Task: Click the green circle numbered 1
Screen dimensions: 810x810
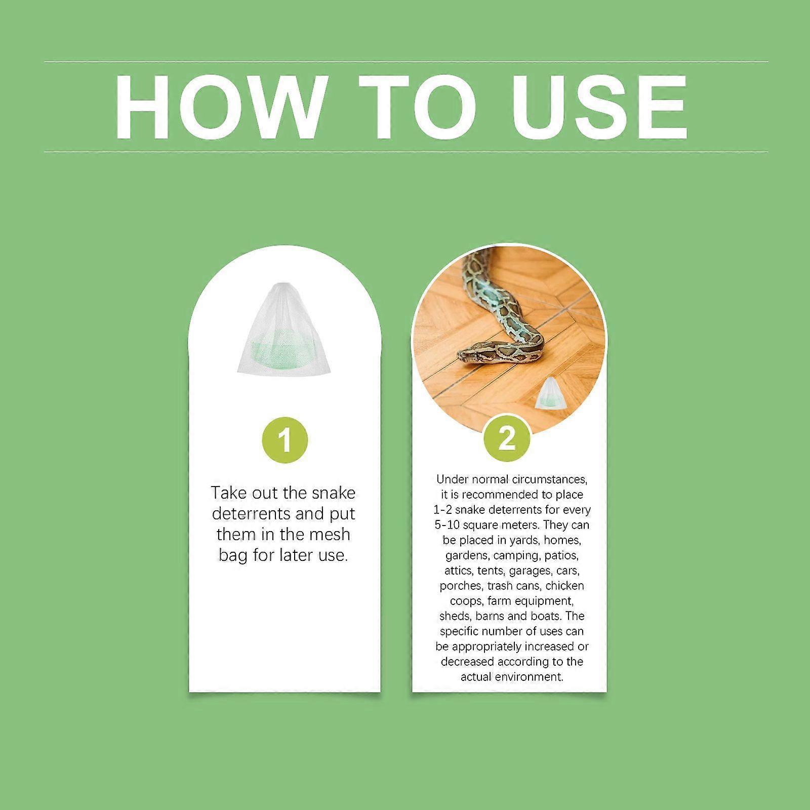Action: click(x=285, y=439)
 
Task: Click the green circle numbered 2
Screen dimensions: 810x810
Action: click(x=507, y=438)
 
